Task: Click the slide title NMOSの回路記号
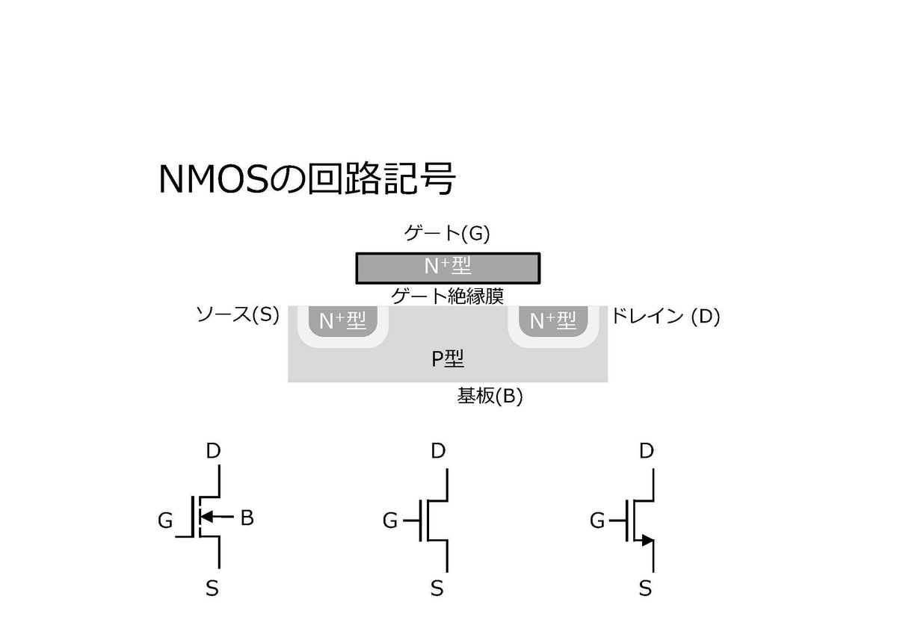coord(306,179)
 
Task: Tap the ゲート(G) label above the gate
coord(447,234)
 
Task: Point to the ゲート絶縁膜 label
coord(447,296)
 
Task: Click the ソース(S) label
coord(237,315)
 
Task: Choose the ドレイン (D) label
coord(665,316)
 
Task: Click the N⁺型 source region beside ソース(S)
coord(342,322)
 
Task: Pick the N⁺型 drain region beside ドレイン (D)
coord(553,322)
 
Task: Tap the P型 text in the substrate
coord(448,359)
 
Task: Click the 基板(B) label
coord(490,397)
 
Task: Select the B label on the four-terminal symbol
coord(247,518)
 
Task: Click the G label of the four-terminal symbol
coord(165,520)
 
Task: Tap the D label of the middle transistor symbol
coord(438,451)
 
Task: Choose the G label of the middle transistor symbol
coord(390,520)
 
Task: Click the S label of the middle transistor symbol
coord(437,588)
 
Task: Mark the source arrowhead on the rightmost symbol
coord(647,539)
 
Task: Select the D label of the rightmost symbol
coord(647,451)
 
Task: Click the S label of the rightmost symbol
coord(645,588)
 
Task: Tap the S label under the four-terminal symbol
coord(212,588)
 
